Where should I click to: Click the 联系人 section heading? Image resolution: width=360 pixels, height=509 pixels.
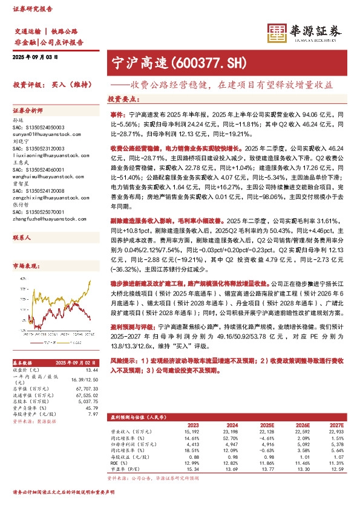[22, 238]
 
